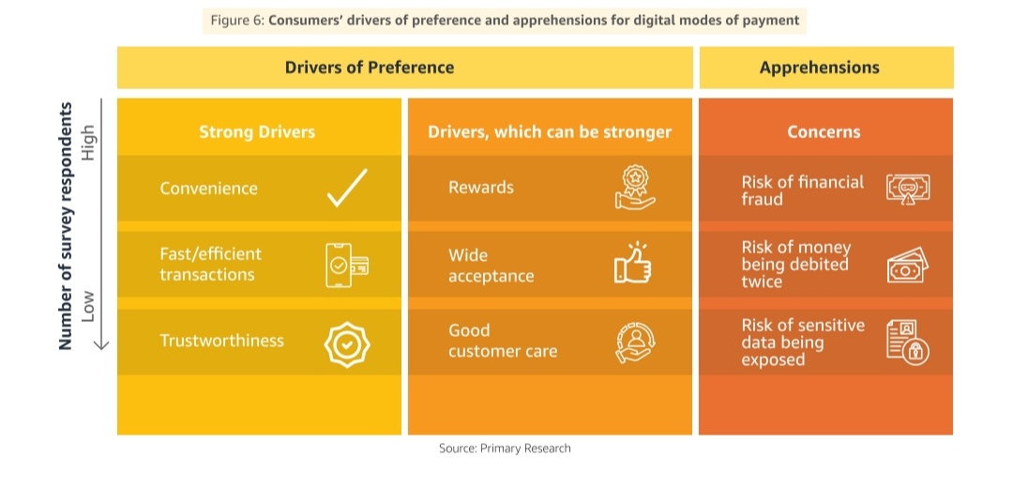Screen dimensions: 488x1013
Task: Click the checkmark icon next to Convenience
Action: [346, 188]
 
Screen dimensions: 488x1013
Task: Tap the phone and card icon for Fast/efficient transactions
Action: [346, 264]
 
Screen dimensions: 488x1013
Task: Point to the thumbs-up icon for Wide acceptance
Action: [633, 264]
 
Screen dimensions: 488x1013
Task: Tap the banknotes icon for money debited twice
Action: [906, 266]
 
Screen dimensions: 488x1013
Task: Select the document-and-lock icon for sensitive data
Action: [906, 343]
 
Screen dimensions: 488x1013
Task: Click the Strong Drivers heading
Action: [257, 132]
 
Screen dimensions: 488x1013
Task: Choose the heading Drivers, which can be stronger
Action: [550, 132]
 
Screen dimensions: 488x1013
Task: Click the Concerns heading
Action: [824, 132]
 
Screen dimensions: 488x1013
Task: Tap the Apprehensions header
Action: [819, 68]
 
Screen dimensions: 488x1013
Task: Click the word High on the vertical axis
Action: [89, 143]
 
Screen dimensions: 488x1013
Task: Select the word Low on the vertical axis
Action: [89, 306]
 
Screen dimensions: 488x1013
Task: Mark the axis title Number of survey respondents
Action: [66, 226]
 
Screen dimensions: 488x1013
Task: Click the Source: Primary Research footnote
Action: [505, 449]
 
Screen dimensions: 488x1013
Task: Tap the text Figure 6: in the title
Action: [236, 20]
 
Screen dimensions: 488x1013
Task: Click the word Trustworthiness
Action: [221, 341]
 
